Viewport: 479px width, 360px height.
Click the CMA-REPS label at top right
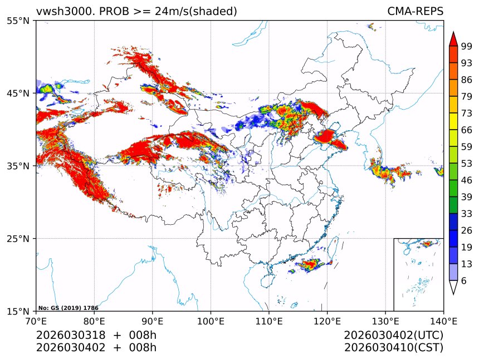[x=415, y=11]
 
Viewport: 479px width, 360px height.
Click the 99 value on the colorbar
[x=467, y=46]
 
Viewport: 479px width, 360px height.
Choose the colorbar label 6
[x=463, y=281]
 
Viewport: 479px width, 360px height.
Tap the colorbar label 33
[x=467, y=214]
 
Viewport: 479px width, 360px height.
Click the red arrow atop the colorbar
[x=453, y=40]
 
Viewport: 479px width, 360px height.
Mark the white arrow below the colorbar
[x=453, y=287]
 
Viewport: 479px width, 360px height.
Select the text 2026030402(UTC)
[x=393, y=335]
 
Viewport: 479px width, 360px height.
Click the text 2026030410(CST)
[x=393, y=348]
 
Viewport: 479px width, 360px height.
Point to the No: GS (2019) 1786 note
[x=68, y=308]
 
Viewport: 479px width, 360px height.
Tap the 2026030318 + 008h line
[x=96, y=335]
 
